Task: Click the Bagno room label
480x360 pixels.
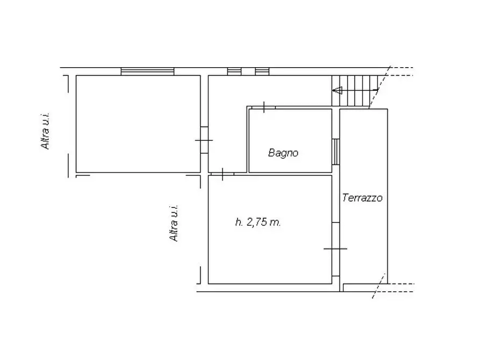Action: pos(283,153)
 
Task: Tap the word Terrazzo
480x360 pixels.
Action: pos(362,198)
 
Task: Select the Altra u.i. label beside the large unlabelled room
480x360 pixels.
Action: pos(46,131)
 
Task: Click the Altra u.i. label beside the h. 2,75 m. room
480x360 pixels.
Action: pos(174,223)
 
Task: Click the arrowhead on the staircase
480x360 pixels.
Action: pos(338,90)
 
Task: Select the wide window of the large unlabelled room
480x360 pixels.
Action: pos(147,71)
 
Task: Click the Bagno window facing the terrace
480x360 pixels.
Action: pos(336,151)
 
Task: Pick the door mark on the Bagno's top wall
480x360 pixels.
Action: pos(264,107)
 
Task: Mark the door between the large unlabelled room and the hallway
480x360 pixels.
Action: pos(204,140)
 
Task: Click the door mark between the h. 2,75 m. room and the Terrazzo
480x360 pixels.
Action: pos(335,248)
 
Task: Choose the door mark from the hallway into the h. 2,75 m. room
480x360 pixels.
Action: pos(222,174)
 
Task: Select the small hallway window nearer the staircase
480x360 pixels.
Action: pos(262,71)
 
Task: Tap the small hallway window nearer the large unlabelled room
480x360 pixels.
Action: pos(234,71)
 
